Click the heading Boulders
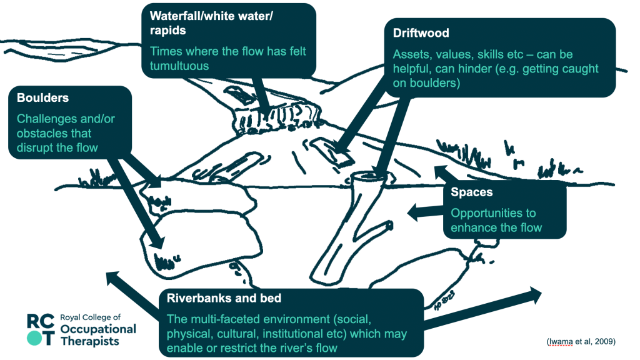(43, 98)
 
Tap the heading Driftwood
(421, 33)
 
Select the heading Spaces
(471, 192)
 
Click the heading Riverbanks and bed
(224, 298)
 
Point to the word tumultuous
(179, 66)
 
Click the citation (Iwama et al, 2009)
(581, 342)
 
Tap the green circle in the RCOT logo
(34, 338)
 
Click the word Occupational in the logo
(98, 329)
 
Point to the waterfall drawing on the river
(276, 118)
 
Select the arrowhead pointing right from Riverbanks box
(534, 295)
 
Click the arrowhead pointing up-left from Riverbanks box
(114, 278)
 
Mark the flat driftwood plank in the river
(331, 151)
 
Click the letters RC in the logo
(41, 321)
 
